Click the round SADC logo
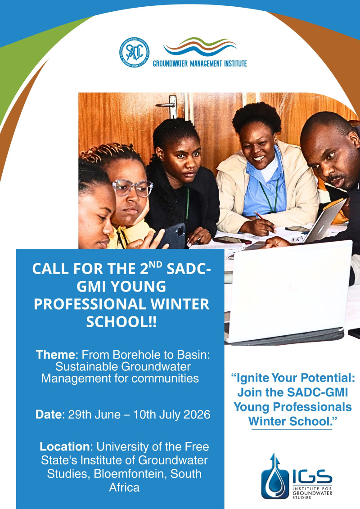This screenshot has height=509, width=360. [135, 53]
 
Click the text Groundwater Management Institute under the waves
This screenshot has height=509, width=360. [200, 63]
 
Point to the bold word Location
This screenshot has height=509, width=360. [64, 447]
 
